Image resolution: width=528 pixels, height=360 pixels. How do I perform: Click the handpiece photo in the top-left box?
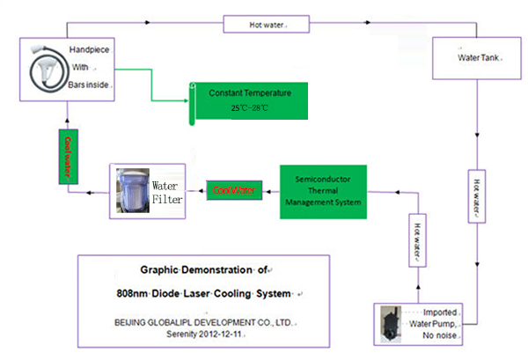(x=40, y=63)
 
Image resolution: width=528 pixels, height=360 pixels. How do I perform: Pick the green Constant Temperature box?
(x=252, y=102)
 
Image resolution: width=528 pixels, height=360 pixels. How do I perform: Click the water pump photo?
(x=389, y=323)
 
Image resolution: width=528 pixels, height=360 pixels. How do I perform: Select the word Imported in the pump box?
(x=440, y=312)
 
